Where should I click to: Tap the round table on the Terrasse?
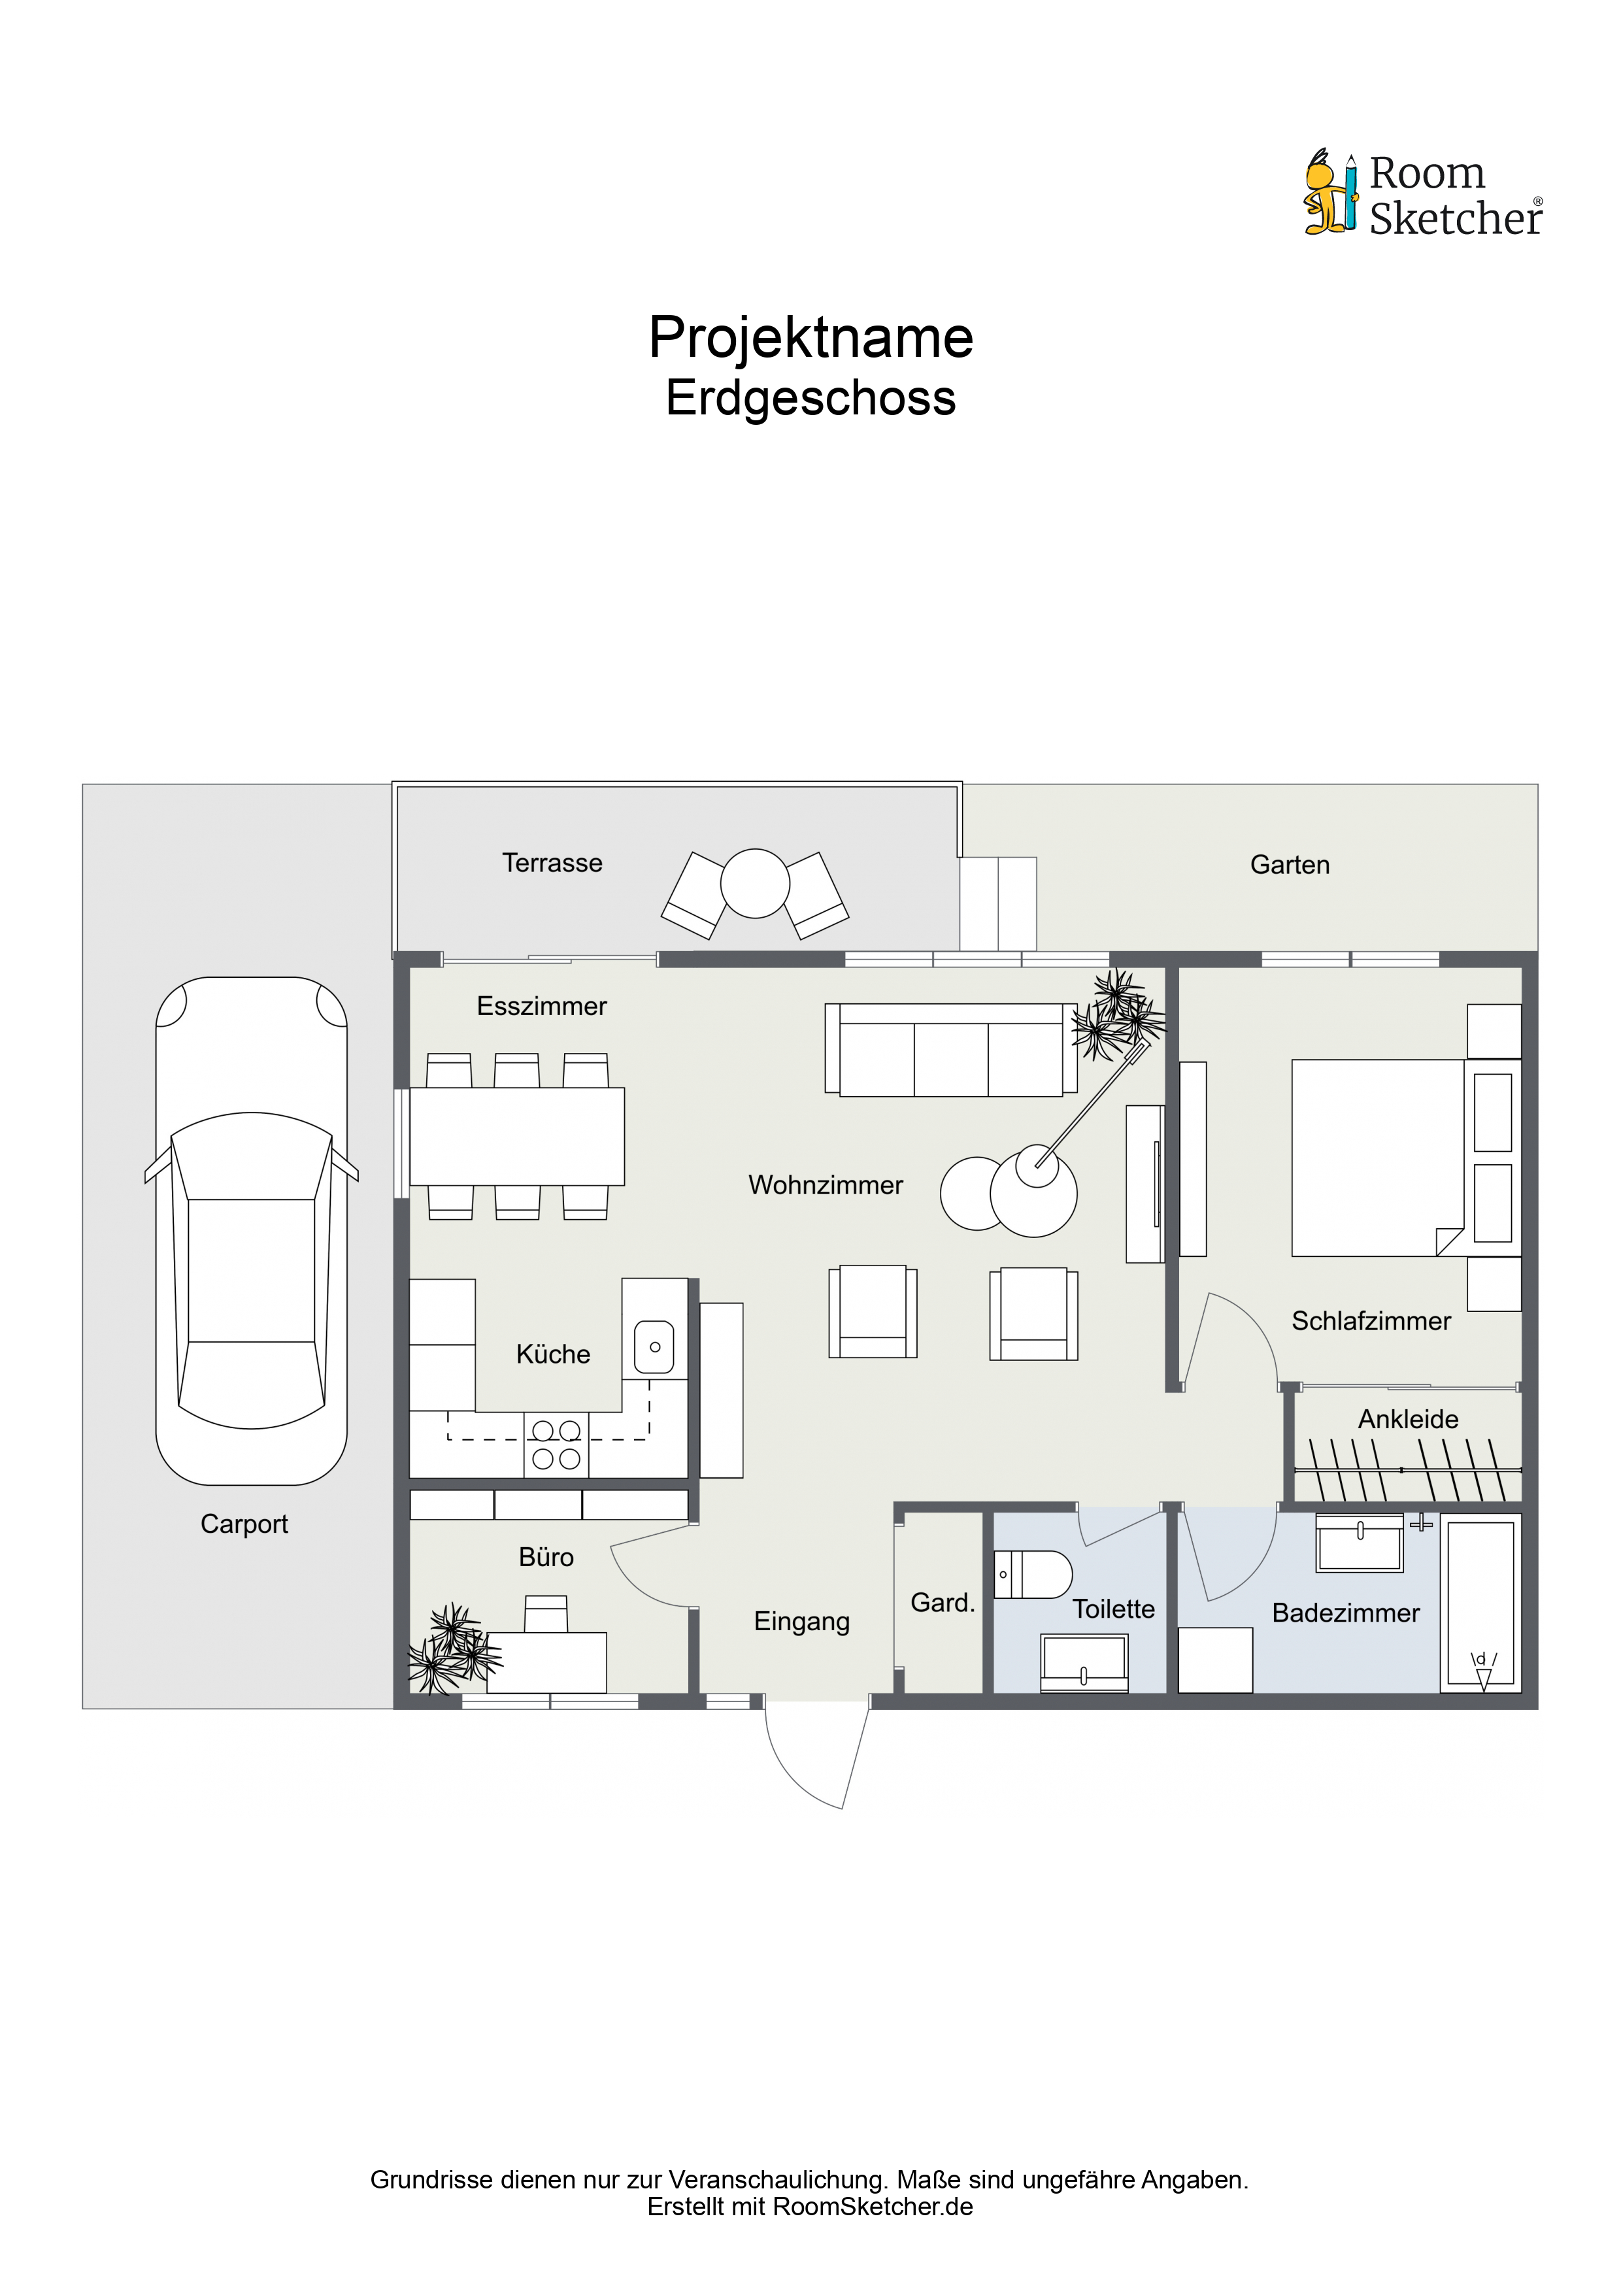pyautogui.click(x=755, y=883)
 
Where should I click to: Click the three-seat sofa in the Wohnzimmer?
pyautogui.click(x=951, y=1050)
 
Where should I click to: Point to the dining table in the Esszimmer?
pyautogui.click(x=518, y=1137)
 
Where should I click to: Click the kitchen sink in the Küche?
pyautogui.click(x=654, y=1347)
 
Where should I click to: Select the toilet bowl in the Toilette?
pyautogui.click(x=1033, y=1575)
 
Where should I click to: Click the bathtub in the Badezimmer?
pyautogui.click(x=1480, y=1604)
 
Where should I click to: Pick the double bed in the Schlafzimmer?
pyautogui.click(x=1379, y=1158)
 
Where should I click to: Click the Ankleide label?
pyautogui.click(x=1409, y=1419)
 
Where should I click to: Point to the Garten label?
pyautogui.click(x=1290, y=865)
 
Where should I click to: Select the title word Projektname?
pyautogui.click(x=811, y=337)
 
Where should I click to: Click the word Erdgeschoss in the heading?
pyautogui.click(x=811, y=397)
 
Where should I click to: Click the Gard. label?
pyautogui.click(x=942, y=1603)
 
